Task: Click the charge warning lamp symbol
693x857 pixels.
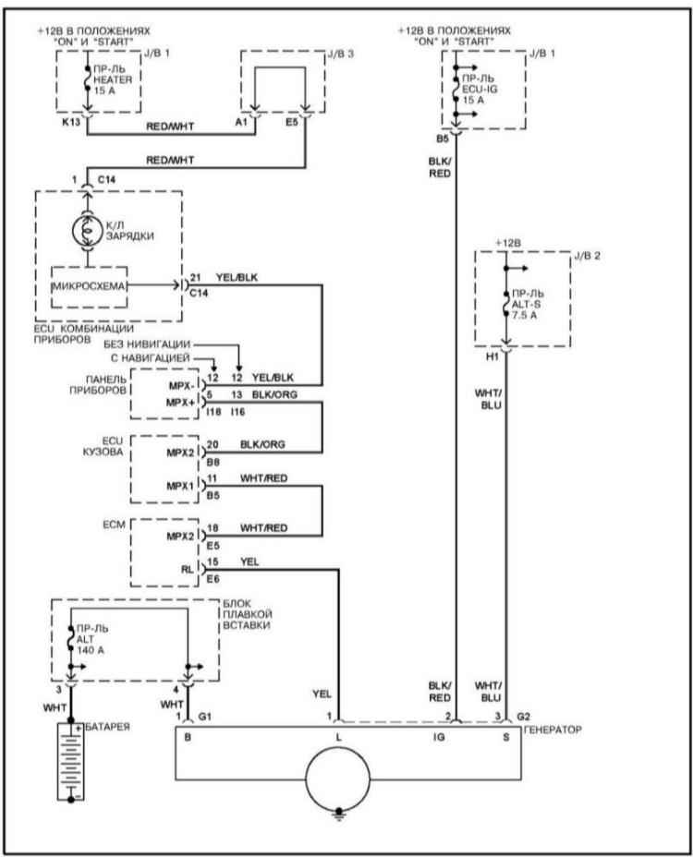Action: (87, 231)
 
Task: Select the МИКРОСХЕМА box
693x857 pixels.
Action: (89, 287)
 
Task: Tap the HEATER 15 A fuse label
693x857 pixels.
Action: (112, 79)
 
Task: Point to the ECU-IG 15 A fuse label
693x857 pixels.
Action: (480, 89)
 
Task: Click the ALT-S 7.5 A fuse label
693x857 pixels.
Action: (527, 305)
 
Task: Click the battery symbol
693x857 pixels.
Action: (70, 761)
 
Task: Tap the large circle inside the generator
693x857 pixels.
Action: (337, 779)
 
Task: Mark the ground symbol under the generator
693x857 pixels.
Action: (339, 814)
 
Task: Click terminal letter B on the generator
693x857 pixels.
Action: (188, 737)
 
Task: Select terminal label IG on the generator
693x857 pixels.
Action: (439, 737)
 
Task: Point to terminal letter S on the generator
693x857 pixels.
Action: (506, 737)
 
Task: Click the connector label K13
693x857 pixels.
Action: (71, 122)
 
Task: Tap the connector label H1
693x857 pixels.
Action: (492, 356)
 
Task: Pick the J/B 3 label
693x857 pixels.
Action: (340, 54)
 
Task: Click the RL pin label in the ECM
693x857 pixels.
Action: (187, 570)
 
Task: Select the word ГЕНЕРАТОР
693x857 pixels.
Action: (553, 730)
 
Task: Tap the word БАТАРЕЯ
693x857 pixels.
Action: (108, 727)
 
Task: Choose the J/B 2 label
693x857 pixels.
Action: (587, 256)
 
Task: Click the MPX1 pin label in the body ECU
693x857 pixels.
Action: (180, 486)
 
